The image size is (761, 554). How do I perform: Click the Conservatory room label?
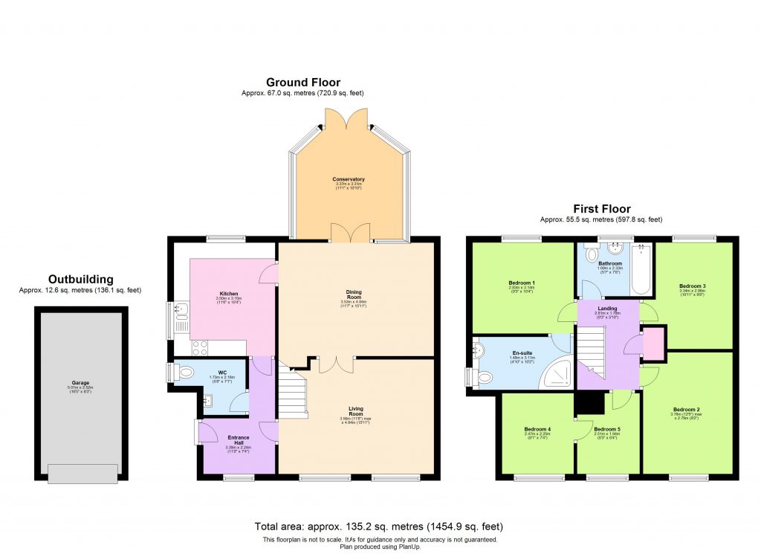pyautogui.click(x=349, y=179)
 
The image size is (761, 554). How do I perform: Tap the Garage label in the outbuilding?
pyautogui.click(x=81, y=384)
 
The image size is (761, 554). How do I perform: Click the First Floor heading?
pyautogui.click(x=602, y=209)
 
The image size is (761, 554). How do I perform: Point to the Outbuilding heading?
pyautogui.click(x=80, y=280)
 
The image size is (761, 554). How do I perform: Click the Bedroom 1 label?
pyautogui.click(x=522, y=283)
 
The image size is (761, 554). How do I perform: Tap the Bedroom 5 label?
pyautogui.click(x=607, y=429)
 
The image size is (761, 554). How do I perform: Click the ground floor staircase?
pyautogui.click(x=293, y=394)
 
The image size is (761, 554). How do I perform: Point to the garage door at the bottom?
pyautogui.click(x=82, y=473)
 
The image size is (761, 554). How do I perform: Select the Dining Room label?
pyautogui.click(x=353, y=292)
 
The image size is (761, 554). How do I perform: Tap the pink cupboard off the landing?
pyautogui.click(x=652, y=343)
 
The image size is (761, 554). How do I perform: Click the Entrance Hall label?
pyautogui.click(x=238, y=438)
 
